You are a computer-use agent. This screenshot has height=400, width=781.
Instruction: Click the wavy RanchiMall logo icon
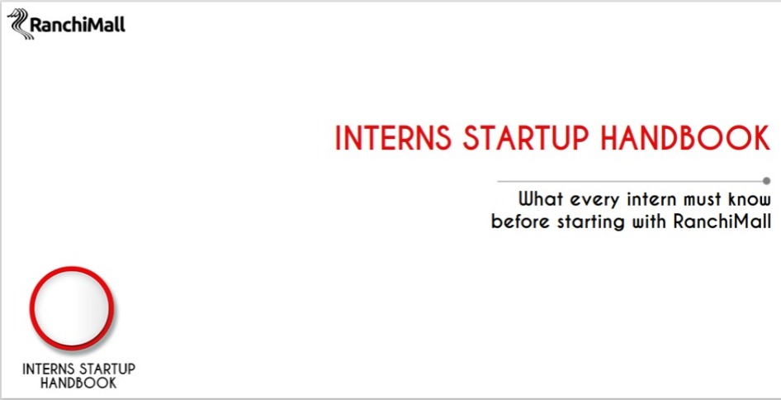click(x=19, y=24)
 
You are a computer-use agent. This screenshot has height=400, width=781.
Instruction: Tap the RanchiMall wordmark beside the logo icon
click(x=78, y=25)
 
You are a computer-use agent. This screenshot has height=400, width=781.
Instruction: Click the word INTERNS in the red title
click(x=394, y=138)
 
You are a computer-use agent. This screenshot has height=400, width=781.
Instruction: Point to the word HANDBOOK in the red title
click(x=685, y=138)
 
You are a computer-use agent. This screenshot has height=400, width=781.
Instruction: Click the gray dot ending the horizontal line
click(x=767, y=180)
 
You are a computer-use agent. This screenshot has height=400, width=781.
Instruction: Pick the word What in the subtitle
click(x=542, y=199)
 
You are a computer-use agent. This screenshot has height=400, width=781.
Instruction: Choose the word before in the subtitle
click(x=520, y=221)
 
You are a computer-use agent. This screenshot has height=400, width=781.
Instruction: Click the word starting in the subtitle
click(x=591, y=222)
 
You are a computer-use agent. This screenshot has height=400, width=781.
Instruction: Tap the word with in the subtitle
click(x=649, y=221)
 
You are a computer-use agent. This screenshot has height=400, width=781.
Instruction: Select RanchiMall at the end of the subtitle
click(x=722, y=221)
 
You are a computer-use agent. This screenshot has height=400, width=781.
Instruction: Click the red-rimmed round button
click(x=72, y=307)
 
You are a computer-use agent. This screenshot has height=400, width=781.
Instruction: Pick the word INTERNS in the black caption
click(x=48, y=369)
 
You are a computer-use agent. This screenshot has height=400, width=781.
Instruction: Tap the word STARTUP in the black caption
click(x=106, y=369)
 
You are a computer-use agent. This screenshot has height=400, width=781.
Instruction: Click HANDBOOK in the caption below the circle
click(x=78, y=383)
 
